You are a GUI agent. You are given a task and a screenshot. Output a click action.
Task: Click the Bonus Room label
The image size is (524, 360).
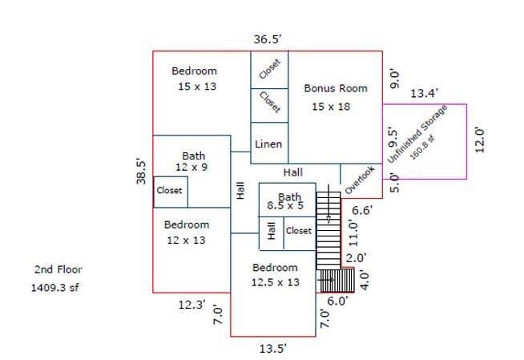point(336,88)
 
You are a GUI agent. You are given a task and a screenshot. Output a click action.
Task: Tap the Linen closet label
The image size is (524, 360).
point(268,144)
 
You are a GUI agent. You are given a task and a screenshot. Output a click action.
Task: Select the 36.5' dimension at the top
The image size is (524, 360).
point(268,39)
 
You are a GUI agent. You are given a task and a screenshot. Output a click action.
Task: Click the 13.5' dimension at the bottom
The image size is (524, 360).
point(272,349)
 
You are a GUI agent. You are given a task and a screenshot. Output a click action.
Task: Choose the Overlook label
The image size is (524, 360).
point(360,180)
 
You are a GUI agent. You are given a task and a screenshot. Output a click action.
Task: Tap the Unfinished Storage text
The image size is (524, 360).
point(417,134)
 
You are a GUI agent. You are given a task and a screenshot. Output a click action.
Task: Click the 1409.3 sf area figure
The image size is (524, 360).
point(55,288)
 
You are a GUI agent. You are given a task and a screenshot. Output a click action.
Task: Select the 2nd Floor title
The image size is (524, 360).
point(58,269)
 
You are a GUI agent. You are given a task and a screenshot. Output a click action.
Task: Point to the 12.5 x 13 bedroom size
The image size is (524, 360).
point(276,282)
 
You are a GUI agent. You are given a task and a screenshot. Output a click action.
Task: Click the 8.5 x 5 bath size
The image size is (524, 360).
point(285,205)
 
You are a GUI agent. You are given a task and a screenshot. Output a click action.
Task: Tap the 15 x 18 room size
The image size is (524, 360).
point(331,107)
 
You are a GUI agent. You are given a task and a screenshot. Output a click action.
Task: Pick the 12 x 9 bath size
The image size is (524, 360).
point(191,167)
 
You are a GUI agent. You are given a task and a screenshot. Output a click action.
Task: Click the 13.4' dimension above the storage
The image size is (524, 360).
point(424,93)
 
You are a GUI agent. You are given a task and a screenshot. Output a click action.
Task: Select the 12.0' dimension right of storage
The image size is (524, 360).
point(479,140)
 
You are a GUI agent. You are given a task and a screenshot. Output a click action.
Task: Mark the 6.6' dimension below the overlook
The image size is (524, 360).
point(362,211)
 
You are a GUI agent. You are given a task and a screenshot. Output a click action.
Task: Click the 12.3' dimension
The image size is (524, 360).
point(191,305)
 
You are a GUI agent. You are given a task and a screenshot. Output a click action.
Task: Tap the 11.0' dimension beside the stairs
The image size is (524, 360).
point(353,233)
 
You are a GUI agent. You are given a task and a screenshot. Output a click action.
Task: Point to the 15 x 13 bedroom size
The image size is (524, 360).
point(197,87)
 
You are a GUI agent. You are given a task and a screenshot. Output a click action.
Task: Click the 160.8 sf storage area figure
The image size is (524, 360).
point(423,147)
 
